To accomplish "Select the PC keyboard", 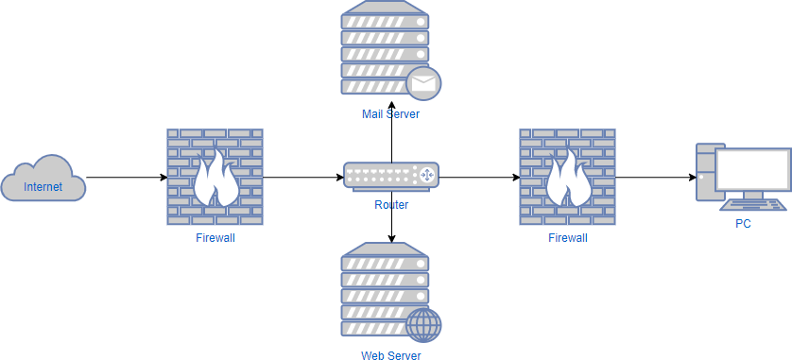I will (x=752, y=204).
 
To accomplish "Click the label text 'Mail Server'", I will (x=390, y=114).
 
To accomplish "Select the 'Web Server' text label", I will (x=390, y=355).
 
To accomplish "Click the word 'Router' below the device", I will (x=390, y=204).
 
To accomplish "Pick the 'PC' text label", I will (x=743, y=224).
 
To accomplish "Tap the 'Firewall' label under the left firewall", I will (x=215, y=238).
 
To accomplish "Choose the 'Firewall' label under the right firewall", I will (x=567, y=238).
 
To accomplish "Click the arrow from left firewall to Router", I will (x=302, y=177).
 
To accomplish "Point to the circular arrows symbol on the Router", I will (x=426, y=175).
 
